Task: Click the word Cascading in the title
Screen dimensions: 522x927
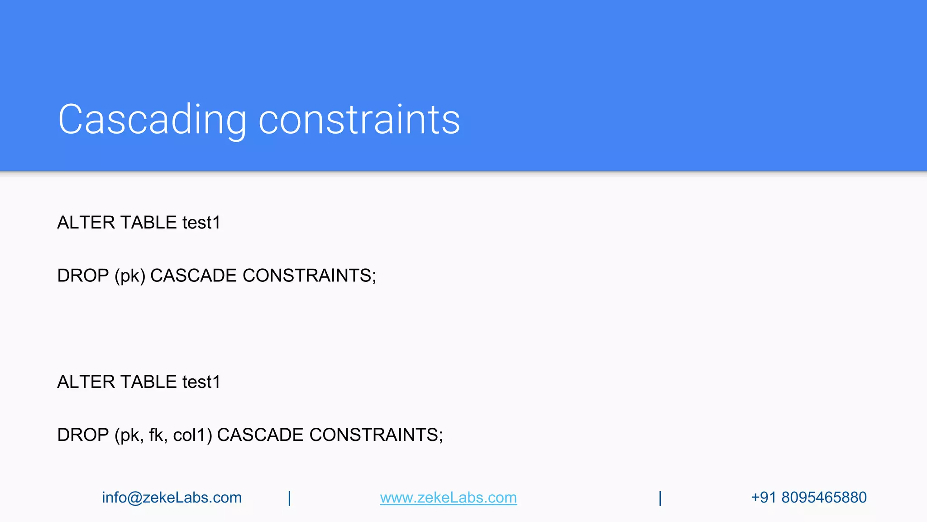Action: tap(152, 120)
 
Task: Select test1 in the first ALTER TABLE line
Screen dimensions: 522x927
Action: tap(201, 222)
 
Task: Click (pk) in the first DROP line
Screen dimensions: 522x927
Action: tap(130, 275)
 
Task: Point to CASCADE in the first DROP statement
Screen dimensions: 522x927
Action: tap(193, 275)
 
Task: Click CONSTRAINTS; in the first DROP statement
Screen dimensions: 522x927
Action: tap(309, 275)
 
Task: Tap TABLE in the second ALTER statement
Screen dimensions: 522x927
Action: tap(148, 382)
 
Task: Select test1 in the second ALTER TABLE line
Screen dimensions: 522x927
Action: tap(201, 382)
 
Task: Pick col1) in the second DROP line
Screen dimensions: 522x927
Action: tap(192, 435)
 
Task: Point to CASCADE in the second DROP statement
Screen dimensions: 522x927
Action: tap(260, 435)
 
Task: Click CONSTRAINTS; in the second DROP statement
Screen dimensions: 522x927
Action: tap(376, 435)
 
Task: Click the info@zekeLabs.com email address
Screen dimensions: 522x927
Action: tap(172, 498)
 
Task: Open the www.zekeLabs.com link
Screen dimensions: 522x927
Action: tap(448, 498)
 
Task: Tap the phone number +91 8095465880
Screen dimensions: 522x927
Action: tap(808, 498)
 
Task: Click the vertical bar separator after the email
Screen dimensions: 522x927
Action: tap(289, 498)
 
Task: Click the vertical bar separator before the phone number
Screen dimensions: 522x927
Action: tap(660, 498)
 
